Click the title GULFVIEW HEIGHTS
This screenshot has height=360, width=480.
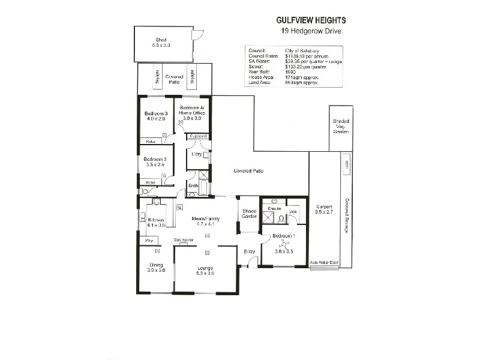click(307, 20)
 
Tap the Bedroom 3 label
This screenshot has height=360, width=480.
click(156, 113)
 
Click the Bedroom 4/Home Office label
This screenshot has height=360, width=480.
click(192, 110)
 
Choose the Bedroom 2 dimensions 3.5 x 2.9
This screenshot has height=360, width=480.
click(154, 164)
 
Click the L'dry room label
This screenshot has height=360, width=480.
click(196, 154)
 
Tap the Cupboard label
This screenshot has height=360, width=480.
click(198, 136)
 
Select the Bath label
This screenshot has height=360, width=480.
click(193, 185)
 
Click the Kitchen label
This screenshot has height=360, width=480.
click(156, 220)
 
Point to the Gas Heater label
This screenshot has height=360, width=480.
click(183, 240)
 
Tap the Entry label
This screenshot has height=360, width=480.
click(249, 251)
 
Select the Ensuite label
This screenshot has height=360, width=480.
click(275, 208)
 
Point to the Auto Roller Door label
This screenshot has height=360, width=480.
click(324, 263)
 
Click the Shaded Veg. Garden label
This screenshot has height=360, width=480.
click(341, 126)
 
